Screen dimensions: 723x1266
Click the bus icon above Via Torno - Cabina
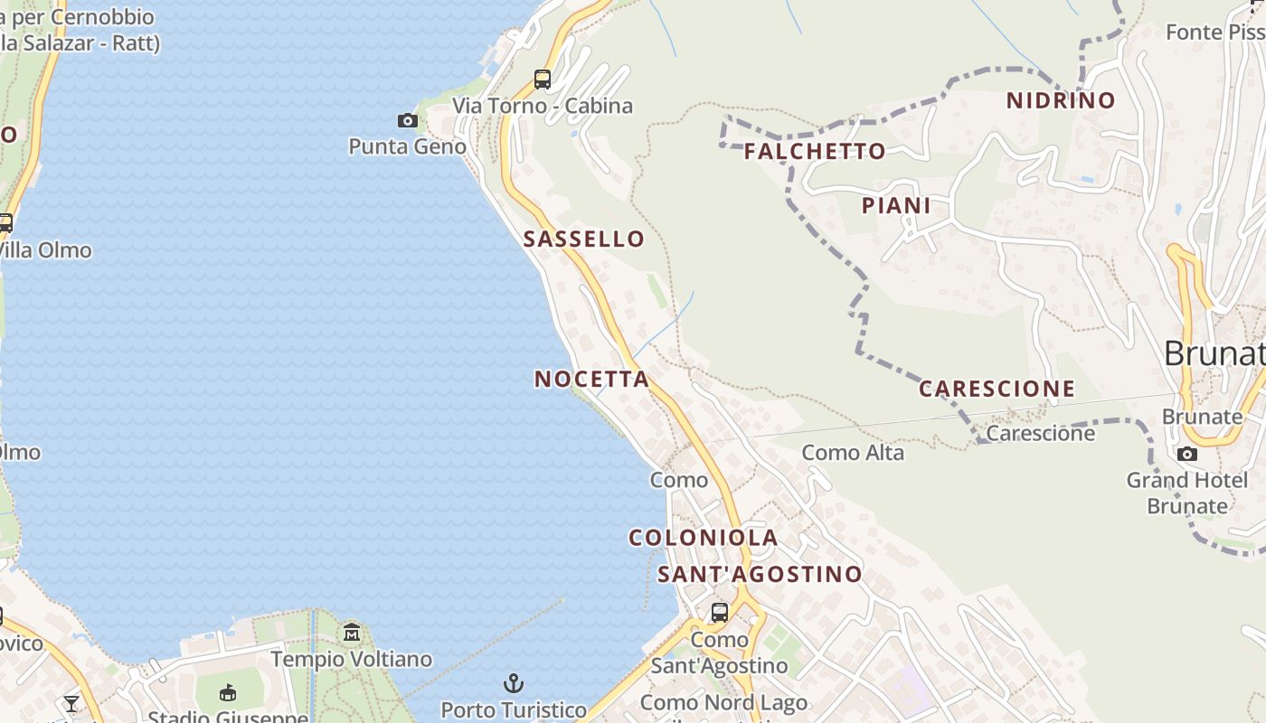pos(543,80)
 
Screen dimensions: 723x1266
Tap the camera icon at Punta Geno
pos(408,120)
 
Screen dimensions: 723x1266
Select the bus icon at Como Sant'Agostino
pos(720,612)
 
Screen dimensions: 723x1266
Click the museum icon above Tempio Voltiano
pos(352,633)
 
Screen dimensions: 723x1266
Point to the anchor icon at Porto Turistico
pos(514,683)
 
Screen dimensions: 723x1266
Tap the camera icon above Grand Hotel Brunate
pos(1187,454)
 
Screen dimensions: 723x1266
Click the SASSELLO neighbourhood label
pos(583,239)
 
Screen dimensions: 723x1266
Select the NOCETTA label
pos(591,380)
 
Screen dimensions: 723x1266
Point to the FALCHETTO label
pos(814,152)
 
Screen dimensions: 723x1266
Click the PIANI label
pos(896,206)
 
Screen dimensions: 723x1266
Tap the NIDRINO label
pos(1061,100)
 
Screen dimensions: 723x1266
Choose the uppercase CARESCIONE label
pos(997,390)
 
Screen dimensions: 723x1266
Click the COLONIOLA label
pos(703,538)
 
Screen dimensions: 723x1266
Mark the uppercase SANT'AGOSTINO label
pos(760,575)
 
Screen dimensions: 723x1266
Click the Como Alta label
pos(853,453)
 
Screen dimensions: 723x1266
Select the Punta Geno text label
pos(407,146)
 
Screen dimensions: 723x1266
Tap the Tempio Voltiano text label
pos(351,660)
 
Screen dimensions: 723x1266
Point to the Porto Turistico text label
pos(514,710)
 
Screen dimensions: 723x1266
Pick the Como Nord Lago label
pos(723,702)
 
